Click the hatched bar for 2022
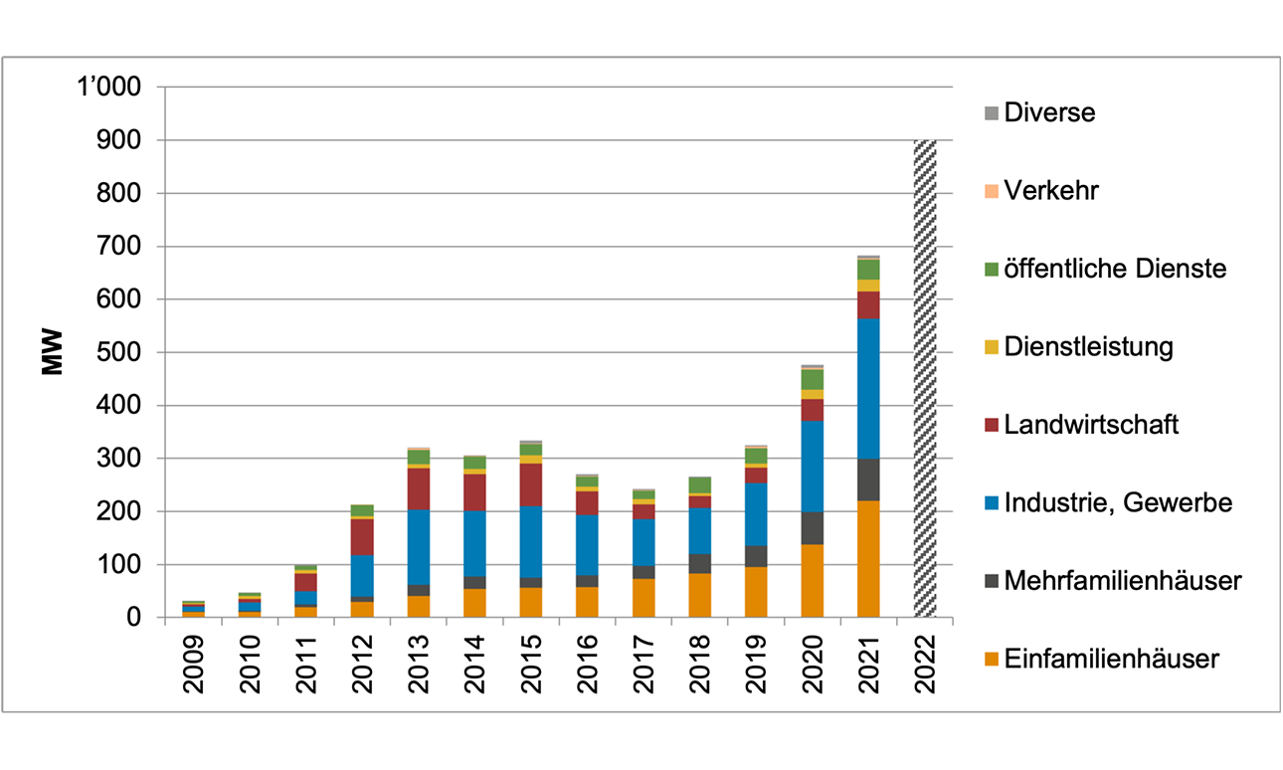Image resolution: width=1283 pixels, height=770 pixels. coord(925,379)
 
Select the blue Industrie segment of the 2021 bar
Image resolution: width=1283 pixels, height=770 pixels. coord(869,388)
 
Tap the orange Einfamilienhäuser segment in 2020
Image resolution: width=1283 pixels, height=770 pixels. coord(813,580)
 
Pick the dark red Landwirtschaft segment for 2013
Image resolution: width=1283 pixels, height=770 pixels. coord(419,488)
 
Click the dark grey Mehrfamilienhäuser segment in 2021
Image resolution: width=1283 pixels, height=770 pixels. coord(869,480)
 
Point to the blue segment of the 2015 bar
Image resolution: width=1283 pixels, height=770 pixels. coord(531,542)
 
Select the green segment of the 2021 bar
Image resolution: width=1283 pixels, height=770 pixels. coord(869,270)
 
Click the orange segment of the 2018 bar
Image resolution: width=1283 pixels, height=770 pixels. coord(700,595)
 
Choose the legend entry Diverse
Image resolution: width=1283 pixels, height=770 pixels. coord(1040,112)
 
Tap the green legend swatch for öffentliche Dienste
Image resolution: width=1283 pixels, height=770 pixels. coord(992,269)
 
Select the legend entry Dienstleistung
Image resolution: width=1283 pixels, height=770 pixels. coord(1078,346)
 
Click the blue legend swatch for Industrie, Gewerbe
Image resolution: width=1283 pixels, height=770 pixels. coord(992,503)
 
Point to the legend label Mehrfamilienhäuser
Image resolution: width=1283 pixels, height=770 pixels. coord(1123,581)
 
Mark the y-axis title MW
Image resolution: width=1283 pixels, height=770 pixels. coord(52,352)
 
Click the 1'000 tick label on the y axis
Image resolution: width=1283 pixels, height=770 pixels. coord(108,88)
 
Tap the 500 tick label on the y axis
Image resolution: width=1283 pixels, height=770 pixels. coord(118,352)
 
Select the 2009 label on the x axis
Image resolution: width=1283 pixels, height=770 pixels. coord(194,664)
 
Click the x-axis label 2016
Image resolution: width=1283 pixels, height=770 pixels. coord(588,664)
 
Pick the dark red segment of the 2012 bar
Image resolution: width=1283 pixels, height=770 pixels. coord(362,537)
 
